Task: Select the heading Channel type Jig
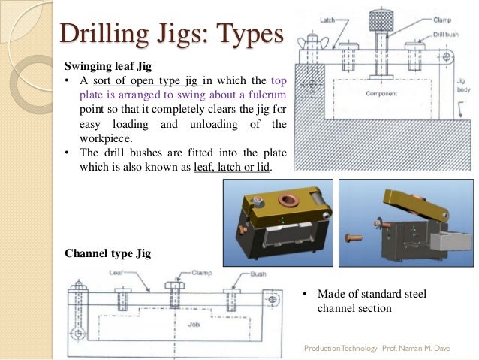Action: click(x=108, y=253)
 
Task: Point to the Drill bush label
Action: click(x=445, y=34)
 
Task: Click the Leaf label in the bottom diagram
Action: click(x=119, y=273)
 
